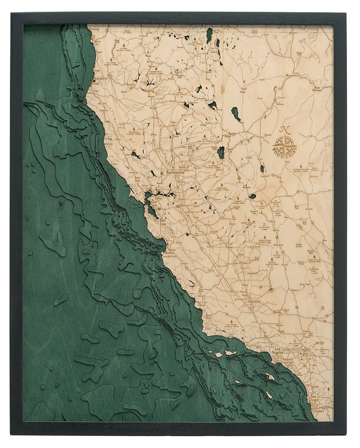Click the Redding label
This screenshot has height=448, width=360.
(x=148, y=90)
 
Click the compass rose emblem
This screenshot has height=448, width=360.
(x=285, y=145)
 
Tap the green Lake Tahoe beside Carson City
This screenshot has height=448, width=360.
(x=221, y=153)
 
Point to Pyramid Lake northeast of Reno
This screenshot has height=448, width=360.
(x=236, y=114)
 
